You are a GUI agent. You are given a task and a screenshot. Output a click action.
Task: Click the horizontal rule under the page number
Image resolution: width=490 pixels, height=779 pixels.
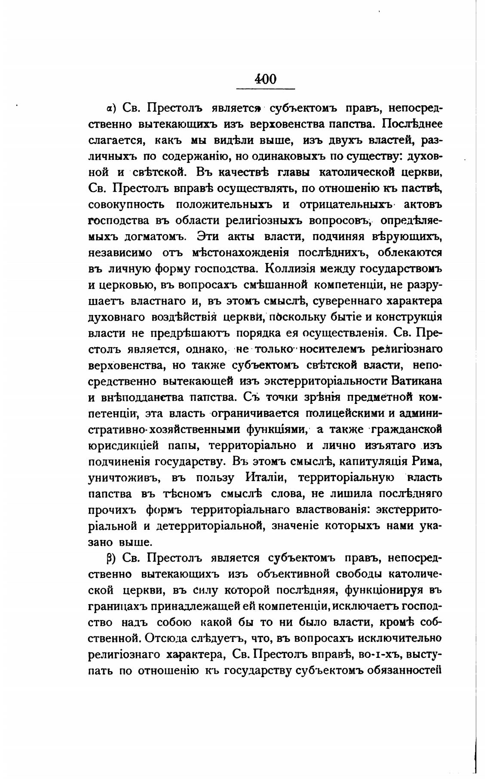[266, 89]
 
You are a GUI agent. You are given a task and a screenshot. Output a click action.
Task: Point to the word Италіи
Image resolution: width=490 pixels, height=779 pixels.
[266, 477]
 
